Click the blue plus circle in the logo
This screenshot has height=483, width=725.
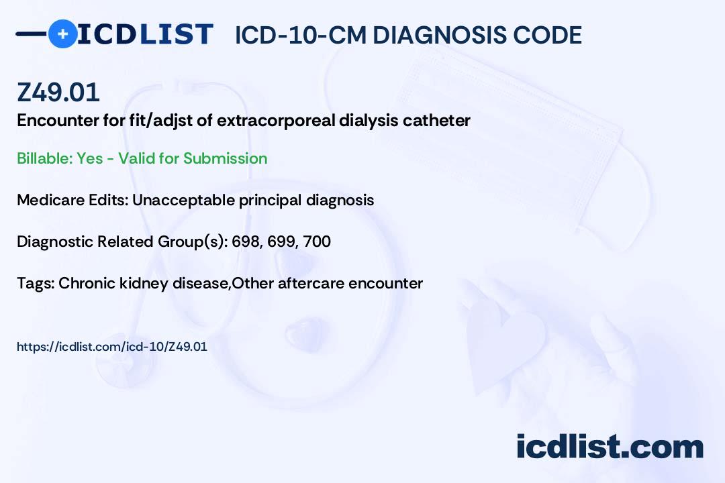(62, 34)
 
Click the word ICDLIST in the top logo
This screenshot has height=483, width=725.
(145, 34)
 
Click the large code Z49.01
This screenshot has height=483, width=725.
(58, 92)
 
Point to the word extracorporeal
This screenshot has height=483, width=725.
(276, 121)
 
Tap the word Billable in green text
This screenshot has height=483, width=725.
(44, 158)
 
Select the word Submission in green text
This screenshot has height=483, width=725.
(225, 158)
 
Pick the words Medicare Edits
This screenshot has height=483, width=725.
(72, 200)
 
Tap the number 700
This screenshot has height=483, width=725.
(317, 241)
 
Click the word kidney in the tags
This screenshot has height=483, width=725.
(144, 284)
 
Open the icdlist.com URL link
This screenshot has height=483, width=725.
(112, 347)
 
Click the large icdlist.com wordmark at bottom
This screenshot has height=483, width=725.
(610, 447)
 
